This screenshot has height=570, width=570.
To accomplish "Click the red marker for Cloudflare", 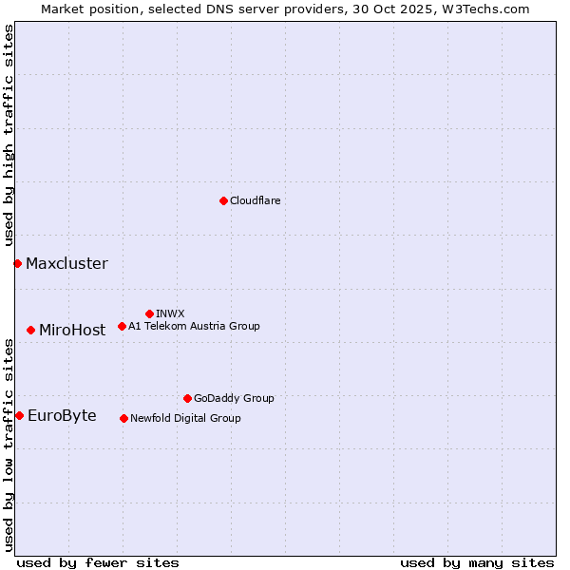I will click(223, 200).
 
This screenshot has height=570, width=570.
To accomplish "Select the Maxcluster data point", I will click(17, 263).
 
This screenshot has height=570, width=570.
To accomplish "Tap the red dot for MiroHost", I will click(30, 330).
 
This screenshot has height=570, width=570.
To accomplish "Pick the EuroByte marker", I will click(19, 415).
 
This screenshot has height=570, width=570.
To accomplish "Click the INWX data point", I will click(149, 313).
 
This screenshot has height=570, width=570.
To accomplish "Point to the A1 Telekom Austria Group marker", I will click(122, 326).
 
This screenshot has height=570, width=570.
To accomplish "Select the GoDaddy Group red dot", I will click(187, 398).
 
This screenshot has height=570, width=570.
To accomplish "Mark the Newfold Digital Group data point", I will click(123, 418).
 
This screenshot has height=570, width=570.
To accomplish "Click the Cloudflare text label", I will click(255, 200).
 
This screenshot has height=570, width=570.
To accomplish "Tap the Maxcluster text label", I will click(66, 263).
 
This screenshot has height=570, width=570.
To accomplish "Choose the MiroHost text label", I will click(72, 330).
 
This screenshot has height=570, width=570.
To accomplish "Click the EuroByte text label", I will click(62, 415).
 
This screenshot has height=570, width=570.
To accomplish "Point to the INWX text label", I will click(170, 313).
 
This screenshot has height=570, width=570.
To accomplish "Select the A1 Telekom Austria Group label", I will click(194, 326).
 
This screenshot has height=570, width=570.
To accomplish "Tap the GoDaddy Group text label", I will click(234, 398).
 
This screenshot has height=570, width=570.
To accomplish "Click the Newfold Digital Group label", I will click(185, 418).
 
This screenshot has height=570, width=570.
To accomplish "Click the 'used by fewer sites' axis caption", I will click(98, 562).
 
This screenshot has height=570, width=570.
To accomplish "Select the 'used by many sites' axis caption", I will click(477, 562).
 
